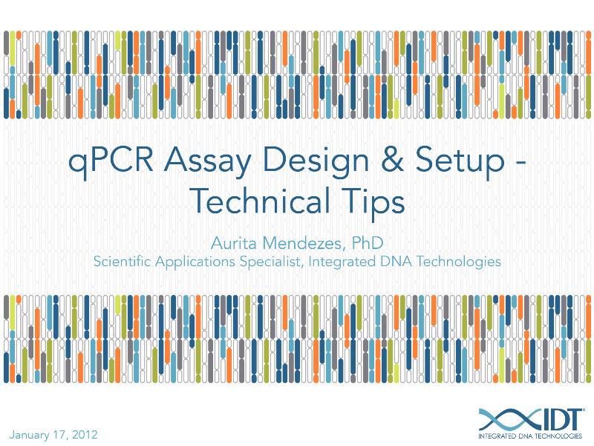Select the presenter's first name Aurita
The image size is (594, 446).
pos(234,242)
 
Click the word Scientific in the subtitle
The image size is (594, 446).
pos(121,262)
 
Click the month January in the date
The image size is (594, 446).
pos(30,433)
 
